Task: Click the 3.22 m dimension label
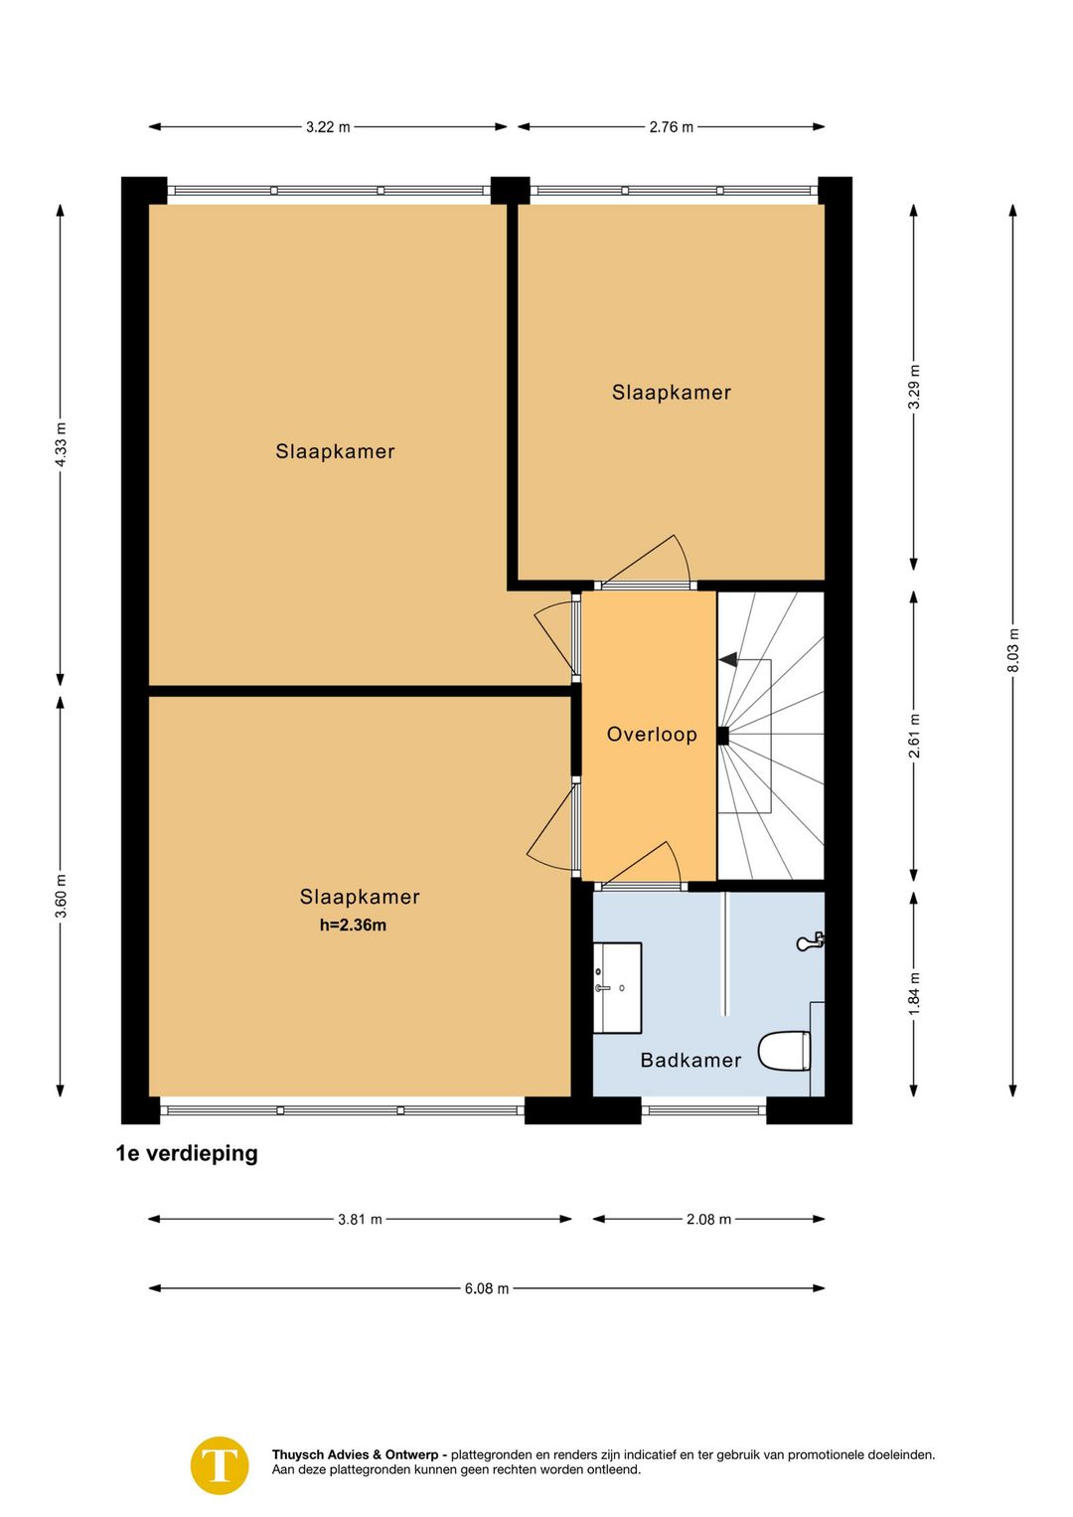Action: click(328, 126)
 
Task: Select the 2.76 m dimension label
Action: click(671, 126)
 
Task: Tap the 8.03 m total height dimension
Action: click(1012, 650)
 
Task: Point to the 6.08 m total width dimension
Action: click(486, 1288)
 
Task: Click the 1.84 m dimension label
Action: click(914, 993)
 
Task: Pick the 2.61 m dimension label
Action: click(914, 737)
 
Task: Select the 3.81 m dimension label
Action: click(360, 1219)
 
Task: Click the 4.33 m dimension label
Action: click(61, 444)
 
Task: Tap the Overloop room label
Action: click(651, 734)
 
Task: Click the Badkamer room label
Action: click(690, 1060)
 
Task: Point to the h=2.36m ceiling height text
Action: click(353, 926)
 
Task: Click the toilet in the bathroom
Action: click(784, 1051)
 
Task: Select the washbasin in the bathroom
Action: click(617, 988)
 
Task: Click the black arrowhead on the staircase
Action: click(727, 659)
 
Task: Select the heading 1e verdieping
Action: click(187, 1153)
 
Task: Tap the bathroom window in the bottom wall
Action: click(704, 1110)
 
